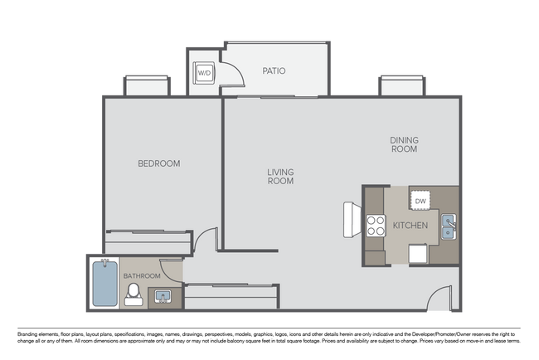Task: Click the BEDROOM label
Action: (158, 163)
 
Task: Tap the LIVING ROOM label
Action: (280, 177)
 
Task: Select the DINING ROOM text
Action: (404, 144)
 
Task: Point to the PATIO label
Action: (274, 71)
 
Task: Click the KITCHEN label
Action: (410, 226)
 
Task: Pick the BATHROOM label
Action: (141, 275)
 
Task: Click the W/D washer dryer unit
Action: (203, 73)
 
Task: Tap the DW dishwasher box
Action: (420, 201)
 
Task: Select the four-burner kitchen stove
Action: (376, 226)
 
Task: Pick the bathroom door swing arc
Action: (172, 270)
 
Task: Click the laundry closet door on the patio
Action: (234, 75)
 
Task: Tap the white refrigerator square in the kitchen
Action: (417, 253)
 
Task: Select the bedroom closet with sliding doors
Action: (148, 242)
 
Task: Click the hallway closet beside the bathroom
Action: (231, 296)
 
